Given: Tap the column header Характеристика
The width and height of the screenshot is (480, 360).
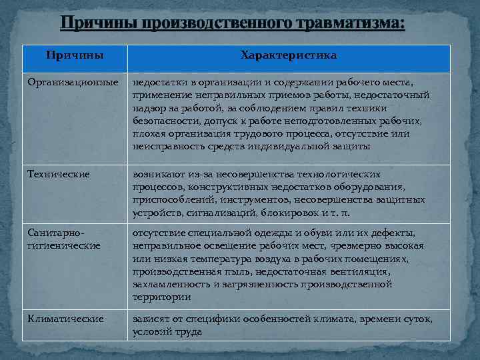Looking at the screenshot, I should pyautogui.click(x=289, y=55).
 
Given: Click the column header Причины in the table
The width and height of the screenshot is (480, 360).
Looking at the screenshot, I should pyautogui.click(x=74, y=55).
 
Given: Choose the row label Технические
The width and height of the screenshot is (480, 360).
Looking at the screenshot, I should pyautogui.click(x=58, y=174).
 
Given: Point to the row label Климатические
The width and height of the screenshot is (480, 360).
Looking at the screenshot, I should pyautogui.click(x=65, y=319).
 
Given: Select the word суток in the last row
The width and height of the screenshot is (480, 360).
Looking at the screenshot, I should pyautogui.click(x=417, y=319).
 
